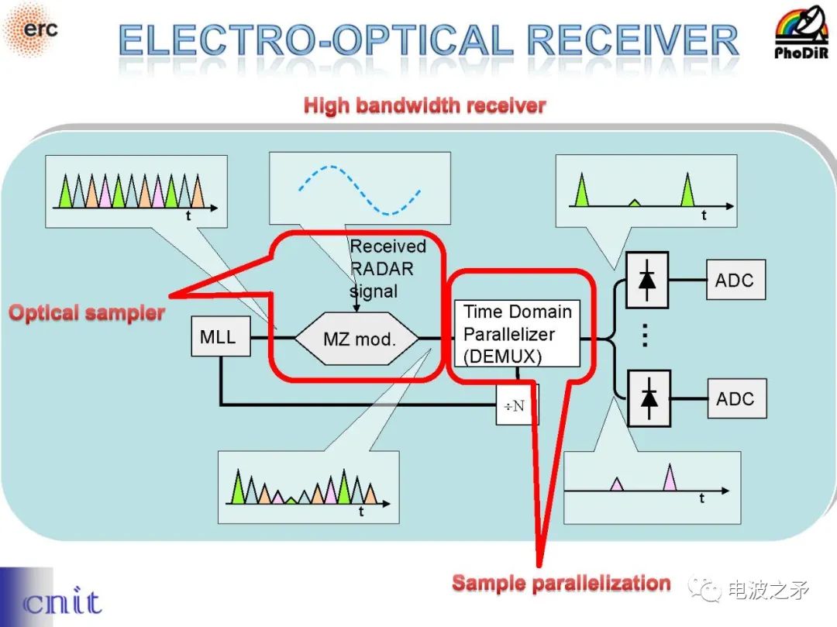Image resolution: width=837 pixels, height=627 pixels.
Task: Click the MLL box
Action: [220, 338]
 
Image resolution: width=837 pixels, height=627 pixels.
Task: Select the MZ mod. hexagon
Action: [358, 339]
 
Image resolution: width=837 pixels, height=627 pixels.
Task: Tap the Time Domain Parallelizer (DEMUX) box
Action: [517, 334]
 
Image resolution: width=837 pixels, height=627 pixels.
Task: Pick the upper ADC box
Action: [735, 281]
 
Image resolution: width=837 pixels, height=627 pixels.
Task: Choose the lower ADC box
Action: [735, 399]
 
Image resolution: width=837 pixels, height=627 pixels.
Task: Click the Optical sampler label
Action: [86, 313]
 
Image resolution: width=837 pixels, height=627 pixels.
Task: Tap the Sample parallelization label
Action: [561, 583]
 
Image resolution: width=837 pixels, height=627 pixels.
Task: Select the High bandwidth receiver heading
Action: [425, 105]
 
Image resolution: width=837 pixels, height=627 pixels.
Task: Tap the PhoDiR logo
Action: [803, 33]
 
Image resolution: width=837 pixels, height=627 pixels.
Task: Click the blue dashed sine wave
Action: [360, 190]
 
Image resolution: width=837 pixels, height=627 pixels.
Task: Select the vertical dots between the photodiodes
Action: [644, 336]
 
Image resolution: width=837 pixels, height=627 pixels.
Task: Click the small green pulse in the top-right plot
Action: [634, 202]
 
